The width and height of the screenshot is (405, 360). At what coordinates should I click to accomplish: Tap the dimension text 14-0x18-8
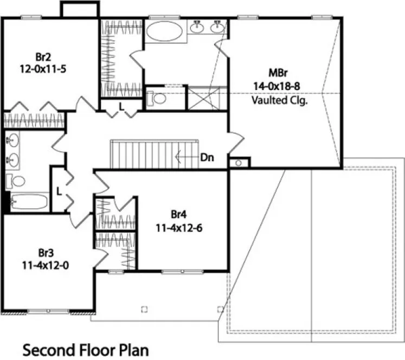coord(280,86)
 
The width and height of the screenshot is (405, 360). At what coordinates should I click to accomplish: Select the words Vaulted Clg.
coord(280,100)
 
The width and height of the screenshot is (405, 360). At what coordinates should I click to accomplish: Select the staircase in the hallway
coord(149,155)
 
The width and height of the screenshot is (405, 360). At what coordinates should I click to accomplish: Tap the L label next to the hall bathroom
coord(59,191)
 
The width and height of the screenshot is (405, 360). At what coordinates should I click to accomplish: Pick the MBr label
coord(280,73)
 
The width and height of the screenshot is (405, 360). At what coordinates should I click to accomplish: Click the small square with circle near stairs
coord(239,163)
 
